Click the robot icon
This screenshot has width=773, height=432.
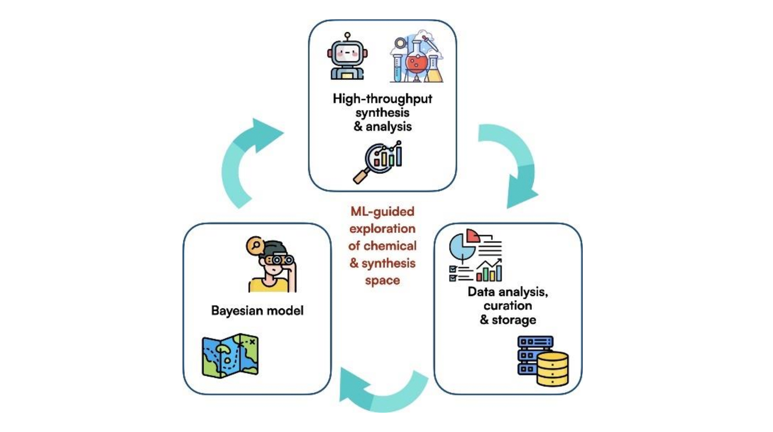click(347, 56)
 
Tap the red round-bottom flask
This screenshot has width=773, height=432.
click(417, 60)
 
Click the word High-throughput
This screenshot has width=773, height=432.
click(382, 99)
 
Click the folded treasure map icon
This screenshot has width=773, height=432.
click(230, 355)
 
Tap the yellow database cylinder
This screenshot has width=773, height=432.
click(552, 369)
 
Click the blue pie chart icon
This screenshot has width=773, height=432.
click(462, 247)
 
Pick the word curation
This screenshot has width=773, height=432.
click(508, 305)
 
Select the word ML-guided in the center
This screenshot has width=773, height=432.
click(382, 212)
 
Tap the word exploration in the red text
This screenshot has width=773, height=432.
click(382, 229)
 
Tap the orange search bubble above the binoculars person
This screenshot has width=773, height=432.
click(255, 245)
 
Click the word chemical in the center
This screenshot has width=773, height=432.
click(390, 246)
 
